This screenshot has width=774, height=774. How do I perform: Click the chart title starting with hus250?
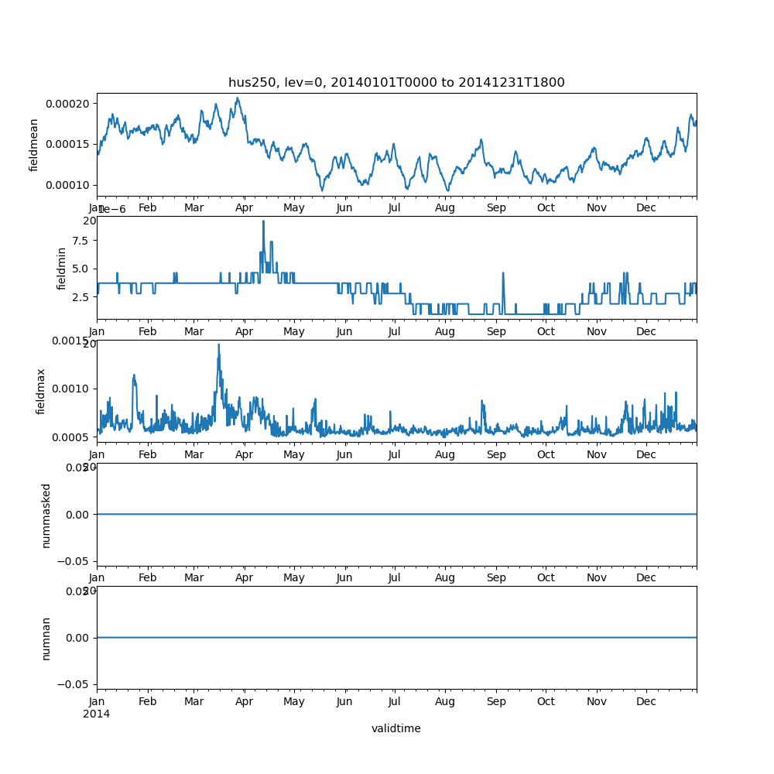(396, 82)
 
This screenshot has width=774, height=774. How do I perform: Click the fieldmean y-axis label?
(34, 145)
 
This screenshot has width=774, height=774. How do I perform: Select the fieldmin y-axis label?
(63, 268)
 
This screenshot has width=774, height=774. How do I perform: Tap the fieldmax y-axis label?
(41, 391)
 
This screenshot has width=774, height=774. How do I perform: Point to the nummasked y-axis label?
(46, 515)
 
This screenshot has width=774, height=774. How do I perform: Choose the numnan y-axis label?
(46, 638)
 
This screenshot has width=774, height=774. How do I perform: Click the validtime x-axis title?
(396, 728)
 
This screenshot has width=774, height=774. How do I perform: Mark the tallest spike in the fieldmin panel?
(263, 221)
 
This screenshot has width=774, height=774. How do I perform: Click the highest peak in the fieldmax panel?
(218, 344)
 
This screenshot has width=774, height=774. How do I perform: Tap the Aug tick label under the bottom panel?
(445, 701)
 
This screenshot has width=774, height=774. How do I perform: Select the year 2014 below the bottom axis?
(96, 714)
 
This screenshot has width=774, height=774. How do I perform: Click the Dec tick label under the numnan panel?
(646, 701)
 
